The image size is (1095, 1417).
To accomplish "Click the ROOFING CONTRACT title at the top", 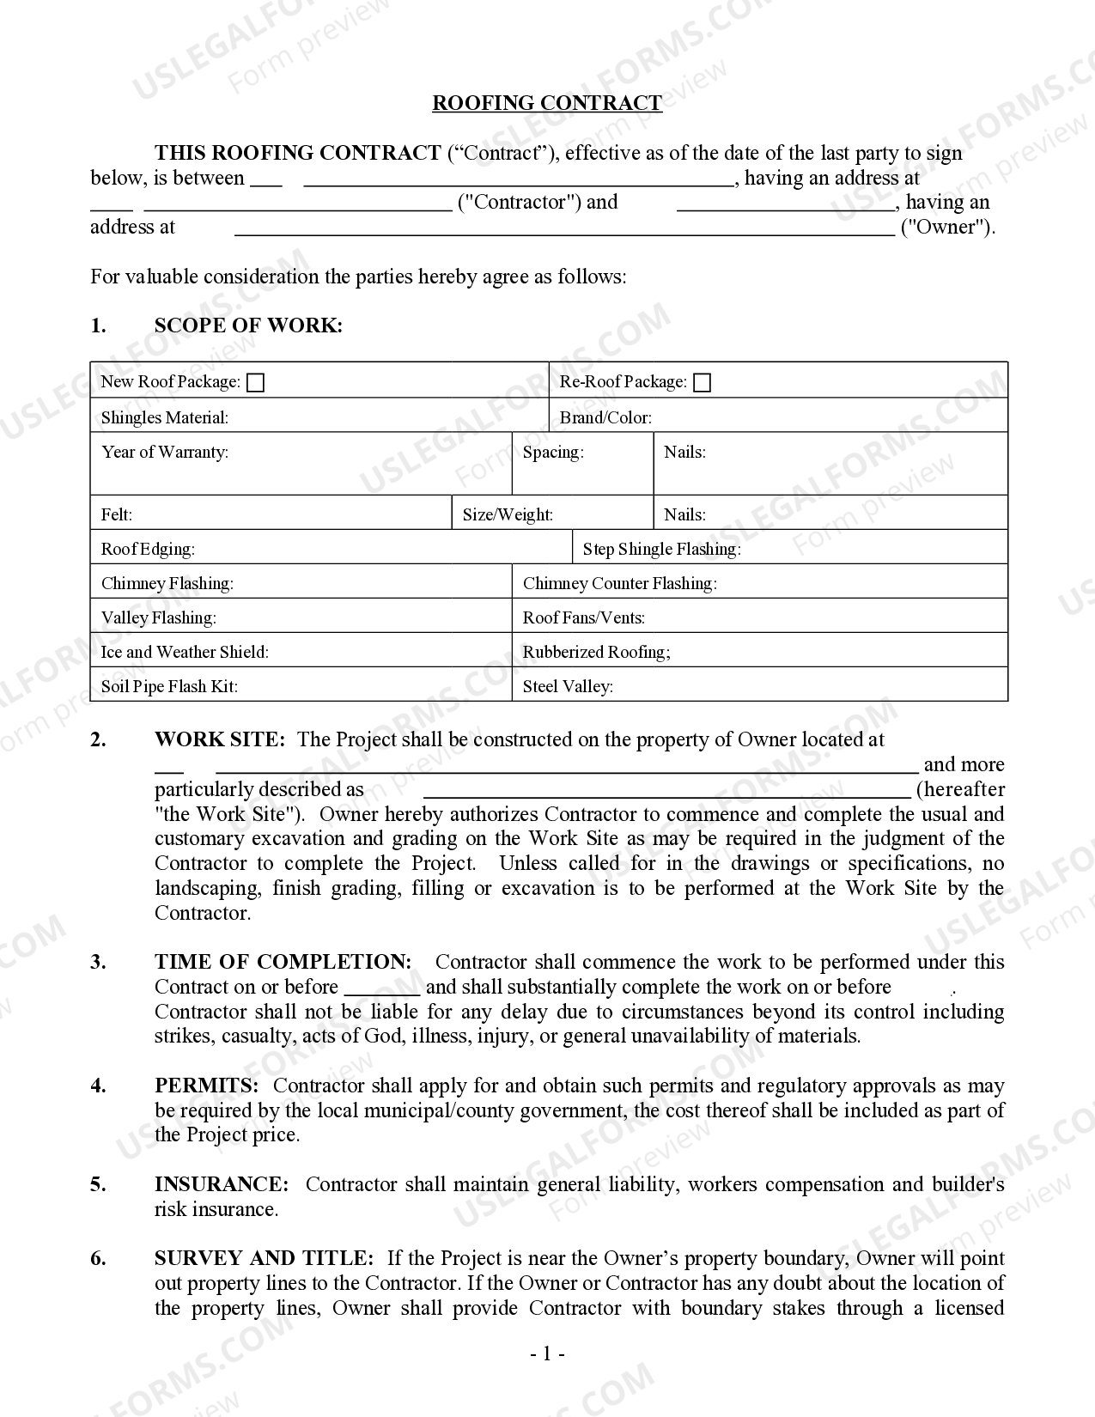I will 546,103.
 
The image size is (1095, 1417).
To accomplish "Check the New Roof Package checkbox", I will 255,383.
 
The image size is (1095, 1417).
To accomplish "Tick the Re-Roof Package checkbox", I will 702,383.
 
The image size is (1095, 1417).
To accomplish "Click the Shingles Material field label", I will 165,418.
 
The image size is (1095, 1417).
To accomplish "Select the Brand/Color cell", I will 605,418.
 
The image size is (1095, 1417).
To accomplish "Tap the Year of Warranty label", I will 165,453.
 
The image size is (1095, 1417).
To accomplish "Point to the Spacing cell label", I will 553,453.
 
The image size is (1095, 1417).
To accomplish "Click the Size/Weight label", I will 508,515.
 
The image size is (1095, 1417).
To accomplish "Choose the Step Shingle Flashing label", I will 661,550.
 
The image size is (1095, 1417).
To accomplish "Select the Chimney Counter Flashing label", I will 619,584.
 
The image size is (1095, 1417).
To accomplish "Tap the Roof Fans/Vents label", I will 583,618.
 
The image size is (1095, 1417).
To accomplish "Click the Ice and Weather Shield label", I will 185,653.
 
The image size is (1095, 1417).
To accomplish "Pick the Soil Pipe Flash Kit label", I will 169,687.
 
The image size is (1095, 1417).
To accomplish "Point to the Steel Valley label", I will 567,687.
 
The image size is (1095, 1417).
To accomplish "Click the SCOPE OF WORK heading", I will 248,325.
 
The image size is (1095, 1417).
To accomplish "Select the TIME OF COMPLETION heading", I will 283,962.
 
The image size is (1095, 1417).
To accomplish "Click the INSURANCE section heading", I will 222,1185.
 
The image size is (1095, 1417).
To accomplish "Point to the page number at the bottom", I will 547,1355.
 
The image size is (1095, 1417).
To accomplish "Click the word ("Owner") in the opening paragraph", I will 946,228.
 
